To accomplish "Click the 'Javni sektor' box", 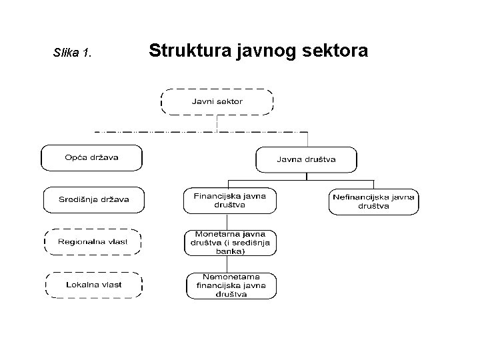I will point(217,101).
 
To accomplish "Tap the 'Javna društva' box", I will point(306,159).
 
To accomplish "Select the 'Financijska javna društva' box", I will point(229,200).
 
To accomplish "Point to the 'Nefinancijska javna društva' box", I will point(374,201).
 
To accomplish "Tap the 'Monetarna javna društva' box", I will point(230,243).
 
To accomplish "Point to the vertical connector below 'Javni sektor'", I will point(217,122).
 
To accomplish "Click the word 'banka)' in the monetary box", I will point(230,252).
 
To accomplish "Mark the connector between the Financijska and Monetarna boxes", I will point(230,221).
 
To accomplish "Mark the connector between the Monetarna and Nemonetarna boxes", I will point(230,264).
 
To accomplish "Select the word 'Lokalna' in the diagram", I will point(80,285).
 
